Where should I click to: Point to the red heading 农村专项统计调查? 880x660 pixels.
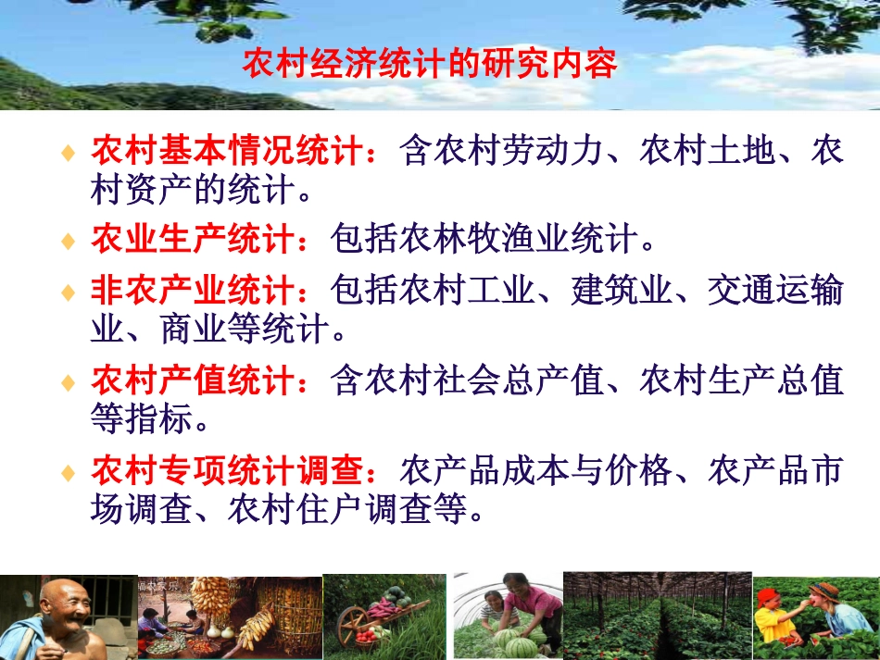[x=228, y=471]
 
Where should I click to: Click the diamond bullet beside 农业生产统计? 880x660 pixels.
[x=68, y=242]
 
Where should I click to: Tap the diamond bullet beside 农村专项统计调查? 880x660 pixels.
[x=68, y=473]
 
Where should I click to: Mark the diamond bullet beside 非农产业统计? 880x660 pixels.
[x=68, y=293]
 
